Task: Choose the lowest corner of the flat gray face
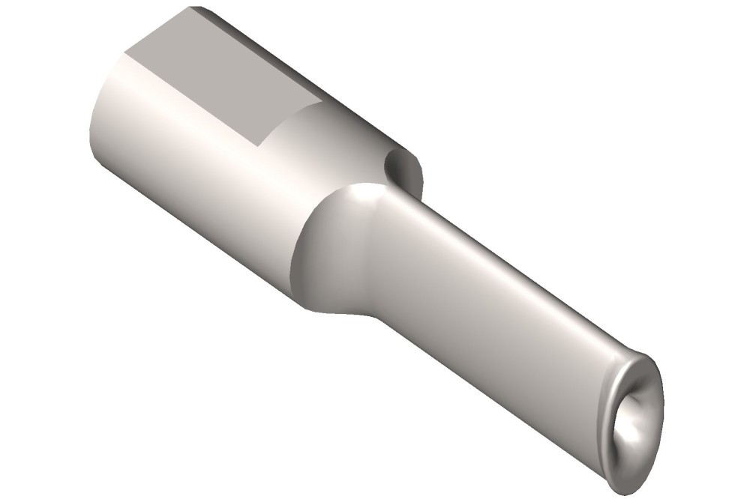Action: [259, 145]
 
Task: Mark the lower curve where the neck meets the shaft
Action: [367, 311]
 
